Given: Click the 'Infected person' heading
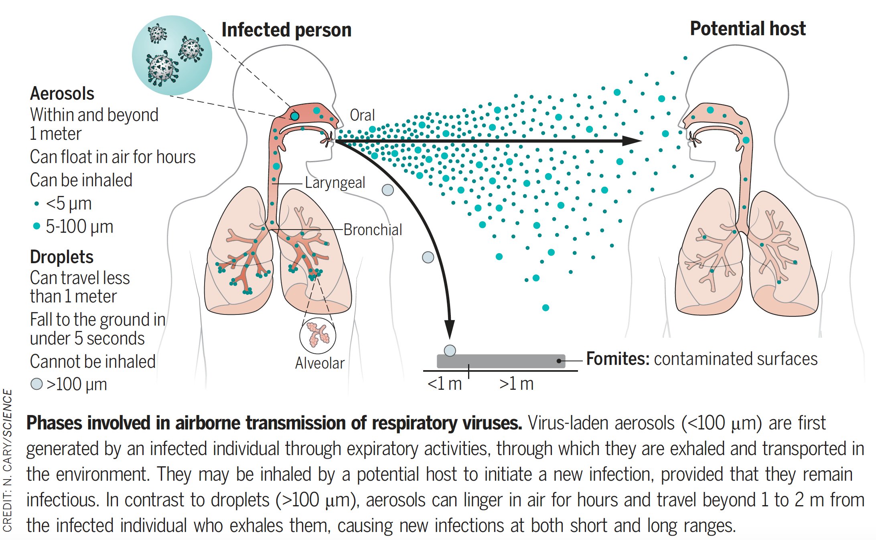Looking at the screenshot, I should click(x=286, y=30).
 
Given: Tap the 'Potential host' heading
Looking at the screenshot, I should click(x=748, y=29).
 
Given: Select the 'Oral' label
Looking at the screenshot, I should click(x=362, y=115).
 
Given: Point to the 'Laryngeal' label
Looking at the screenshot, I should click(x=335, y=183).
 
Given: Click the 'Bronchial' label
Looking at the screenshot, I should click(x=373, y=230).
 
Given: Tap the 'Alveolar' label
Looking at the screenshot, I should click(x=320, y=363).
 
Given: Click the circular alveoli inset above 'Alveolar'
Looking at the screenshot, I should click(x=318, y=336).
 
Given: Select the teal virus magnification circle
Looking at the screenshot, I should click(x=172, y=55).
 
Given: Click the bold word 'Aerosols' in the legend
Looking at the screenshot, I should click(x=62, y=94).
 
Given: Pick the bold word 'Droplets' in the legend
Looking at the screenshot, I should click(x=62, y=257).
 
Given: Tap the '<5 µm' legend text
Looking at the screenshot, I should click(x=69, y=204).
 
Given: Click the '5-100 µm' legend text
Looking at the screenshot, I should click(x=79, y=227).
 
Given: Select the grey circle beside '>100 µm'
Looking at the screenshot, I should click(x=36, y=384).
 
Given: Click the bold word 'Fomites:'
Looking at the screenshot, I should click(x=618, y=359).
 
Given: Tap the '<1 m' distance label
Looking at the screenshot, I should click(x=444, y=384).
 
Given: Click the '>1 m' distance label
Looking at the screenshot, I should click(x=516, y=384).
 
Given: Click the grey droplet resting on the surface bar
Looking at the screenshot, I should click(x=450, y=351).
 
